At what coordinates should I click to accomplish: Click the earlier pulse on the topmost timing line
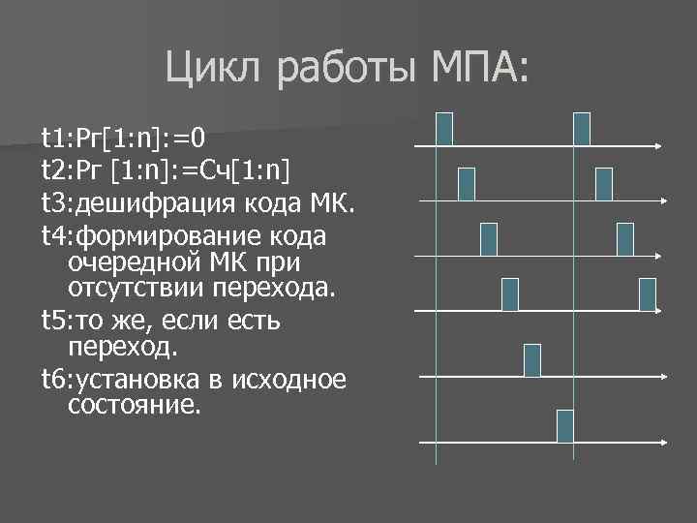(x=444, y=129)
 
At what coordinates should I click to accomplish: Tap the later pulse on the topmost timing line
(x=582, y=129)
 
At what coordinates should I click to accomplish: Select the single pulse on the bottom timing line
(x=564, y=426)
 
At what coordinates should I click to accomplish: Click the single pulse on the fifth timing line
(x=531, y=359)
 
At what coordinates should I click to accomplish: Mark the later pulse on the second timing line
(x=604, y=183)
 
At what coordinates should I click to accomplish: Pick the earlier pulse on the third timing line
(x=488, y=238)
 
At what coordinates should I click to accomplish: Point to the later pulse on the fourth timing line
(x=647, y=293)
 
